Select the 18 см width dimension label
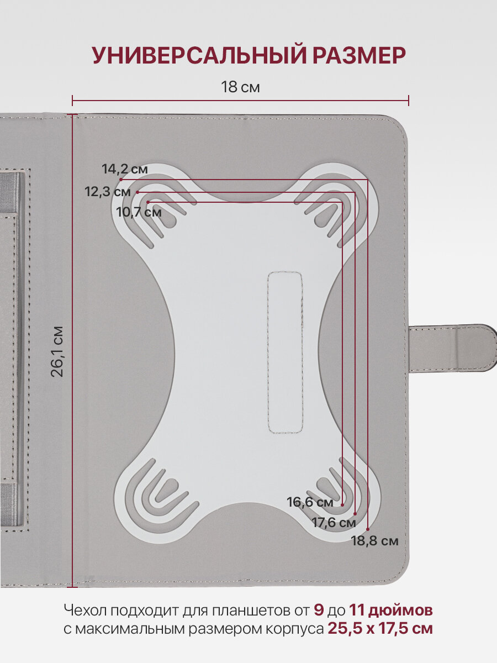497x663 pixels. pos(240,87)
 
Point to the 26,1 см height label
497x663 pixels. pos(57,351)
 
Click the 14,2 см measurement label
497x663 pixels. pos(125,169)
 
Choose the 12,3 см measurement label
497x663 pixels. pos(108,192)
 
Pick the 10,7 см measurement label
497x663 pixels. pos(139,212)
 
